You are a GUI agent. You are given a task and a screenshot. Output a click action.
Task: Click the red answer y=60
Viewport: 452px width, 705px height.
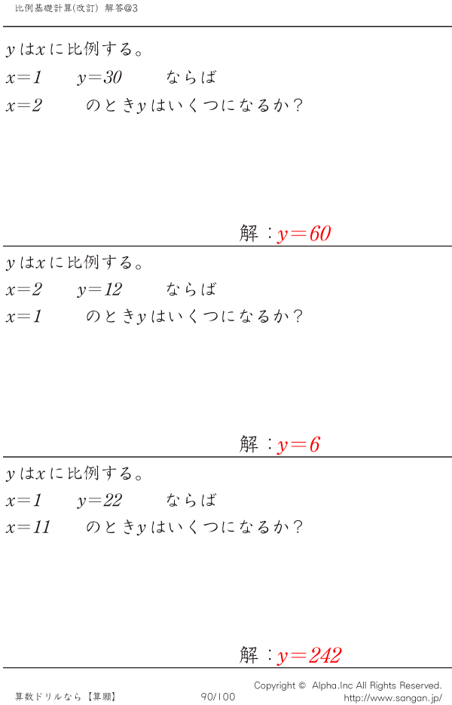tap(304, 234)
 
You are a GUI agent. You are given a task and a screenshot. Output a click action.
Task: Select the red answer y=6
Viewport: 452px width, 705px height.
tap(298, 445)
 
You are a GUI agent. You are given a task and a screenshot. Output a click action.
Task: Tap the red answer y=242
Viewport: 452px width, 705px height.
tap(310, 655)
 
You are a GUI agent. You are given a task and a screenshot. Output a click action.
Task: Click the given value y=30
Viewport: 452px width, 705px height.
tap(99, 78)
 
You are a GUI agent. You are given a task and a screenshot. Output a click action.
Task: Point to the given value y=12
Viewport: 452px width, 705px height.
tap(99, 289)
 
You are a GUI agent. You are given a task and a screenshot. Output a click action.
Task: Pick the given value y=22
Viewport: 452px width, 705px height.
tap(99, 501)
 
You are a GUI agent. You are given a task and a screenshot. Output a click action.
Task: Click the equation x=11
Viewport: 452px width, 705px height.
tap(28, 527)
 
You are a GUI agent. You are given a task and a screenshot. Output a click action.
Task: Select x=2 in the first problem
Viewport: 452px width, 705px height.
tap(24, 106)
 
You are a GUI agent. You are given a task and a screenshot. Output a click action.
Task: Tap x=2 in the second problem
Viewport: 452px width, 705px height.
tap(24, 290)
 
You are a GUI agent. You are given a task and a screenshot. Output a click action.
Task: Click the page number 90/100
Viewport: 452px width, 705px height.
tap(218, 697)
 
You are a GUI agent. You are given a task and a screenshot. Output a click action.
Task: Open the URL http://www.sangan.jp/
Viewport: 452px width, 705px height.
tap(392, 697)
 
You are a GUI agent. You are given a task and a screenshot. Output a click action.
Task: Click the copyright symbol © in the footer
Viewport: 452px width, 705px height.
tap(302, 685)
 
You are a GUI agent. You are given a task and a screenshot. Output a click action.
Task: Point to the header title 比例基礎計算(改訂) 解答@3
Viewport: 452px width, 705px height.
tap(76, 8)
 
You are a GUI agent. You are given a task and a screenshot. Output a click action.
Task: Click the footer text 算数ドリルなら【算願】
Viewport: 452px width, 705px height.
tap(66, 697)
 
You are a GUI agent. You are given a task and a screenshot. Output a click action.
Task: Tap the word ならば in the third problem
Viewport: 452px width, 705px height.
tap(191, 500)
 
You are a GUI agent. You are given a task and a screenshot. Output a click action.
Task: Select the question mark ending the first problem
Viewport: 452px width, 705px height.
tap(297, 106)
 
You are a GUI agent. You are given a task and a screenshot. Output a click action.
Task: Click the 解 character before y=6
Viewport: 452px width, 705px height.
tap(249, 444)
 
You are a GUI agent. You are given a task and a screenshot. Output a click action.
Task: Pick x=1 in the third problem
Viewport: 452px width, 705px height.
tap(23, 501)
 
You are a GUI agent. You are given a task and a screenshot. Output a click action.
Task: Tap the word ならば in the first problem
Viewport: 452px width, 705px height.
tap(191, 78)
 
